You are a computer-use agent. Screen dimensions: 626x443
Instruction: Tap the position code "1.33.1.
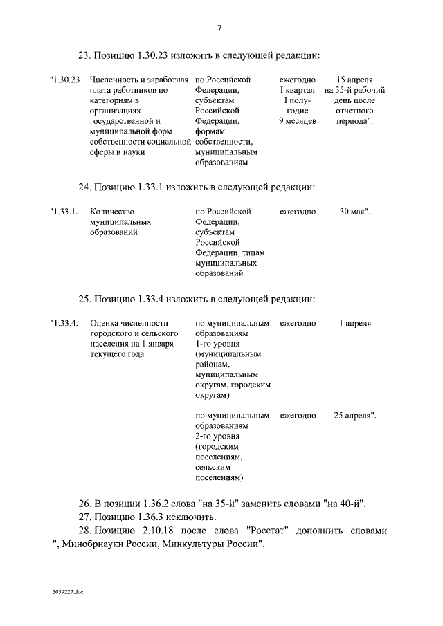64,212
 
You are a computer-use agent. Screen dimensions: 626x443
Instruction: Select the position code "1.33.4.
64,323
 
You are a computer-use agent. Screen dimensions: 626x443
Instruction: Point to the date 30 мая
354,212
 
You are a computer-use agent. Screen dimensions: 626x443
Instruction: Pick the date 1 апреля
355,323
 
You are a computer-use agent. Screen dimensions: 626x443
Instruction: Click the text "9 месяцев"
297,121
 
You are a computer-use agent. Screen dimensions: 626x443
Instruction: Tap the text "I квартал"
297,91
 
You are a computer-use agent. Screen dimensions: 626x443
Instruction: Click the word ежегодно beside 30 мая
298,212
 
